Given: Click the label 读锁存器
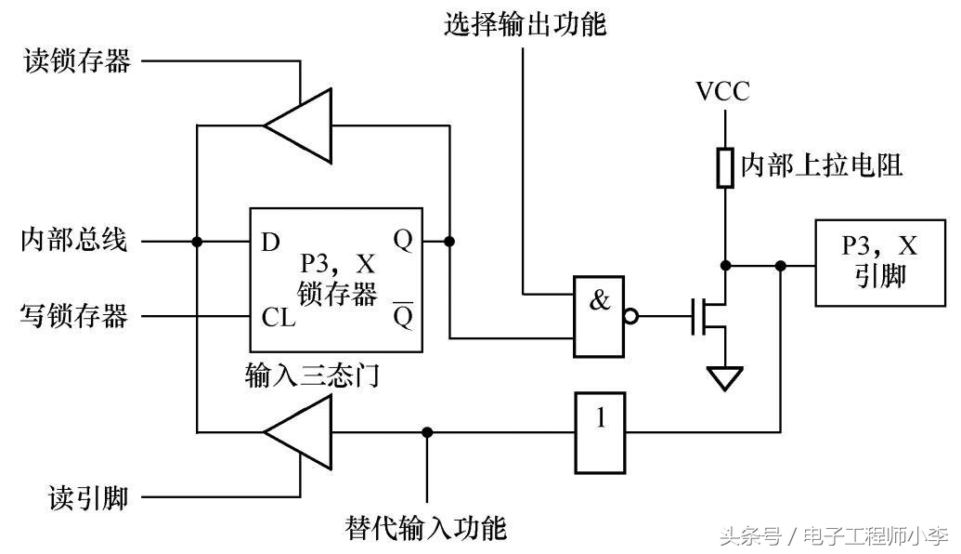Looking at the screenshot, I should (77, 63).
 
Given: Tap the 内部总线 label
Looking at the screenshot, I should (74, 242).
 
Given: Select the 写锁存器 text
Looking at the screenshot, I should (74, 317).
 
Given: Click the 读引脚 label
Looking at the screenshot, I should (89, 498).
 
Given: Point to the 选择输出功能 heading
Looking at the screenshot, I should (525, 24).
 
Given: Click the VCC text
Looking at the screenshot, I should (722, 91).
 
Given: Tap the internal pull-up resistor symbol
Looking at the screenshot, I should (724, 166).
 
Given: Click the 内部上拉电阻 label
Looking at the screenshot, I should (822, 166).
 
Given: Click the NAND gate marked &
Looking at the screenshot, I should (600, 316).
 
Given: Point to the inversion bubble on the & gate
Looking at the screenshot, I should (631, 316).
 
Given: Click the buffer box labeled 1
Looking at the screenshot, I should (600, 431).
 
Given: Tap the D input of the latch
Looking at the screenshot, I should (270, 243).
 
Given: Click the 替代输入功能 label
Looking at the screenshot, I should (426, 528).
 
